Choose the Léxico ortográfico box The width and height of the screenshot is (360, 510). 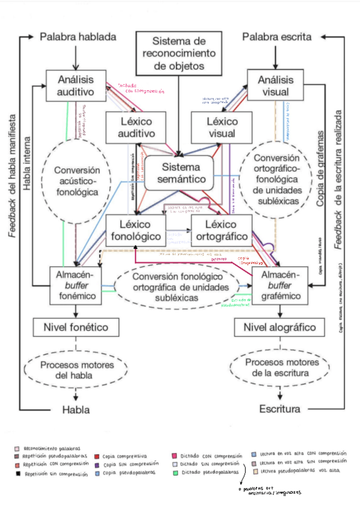pyautogui.click(x=221, y=230)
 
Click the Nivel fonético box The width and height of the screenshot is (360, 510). pyautogui.click(x=76, y=328)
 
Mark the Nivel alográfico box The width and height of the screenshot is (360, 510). pyautogui.click(x=279, y=328)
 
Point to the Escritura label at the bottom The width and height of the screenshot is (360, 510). pyautogui.click(x=279, y=410)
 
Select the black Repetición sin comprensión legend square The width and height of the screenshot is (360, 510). pyautogui.click(x=17, y=474)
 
